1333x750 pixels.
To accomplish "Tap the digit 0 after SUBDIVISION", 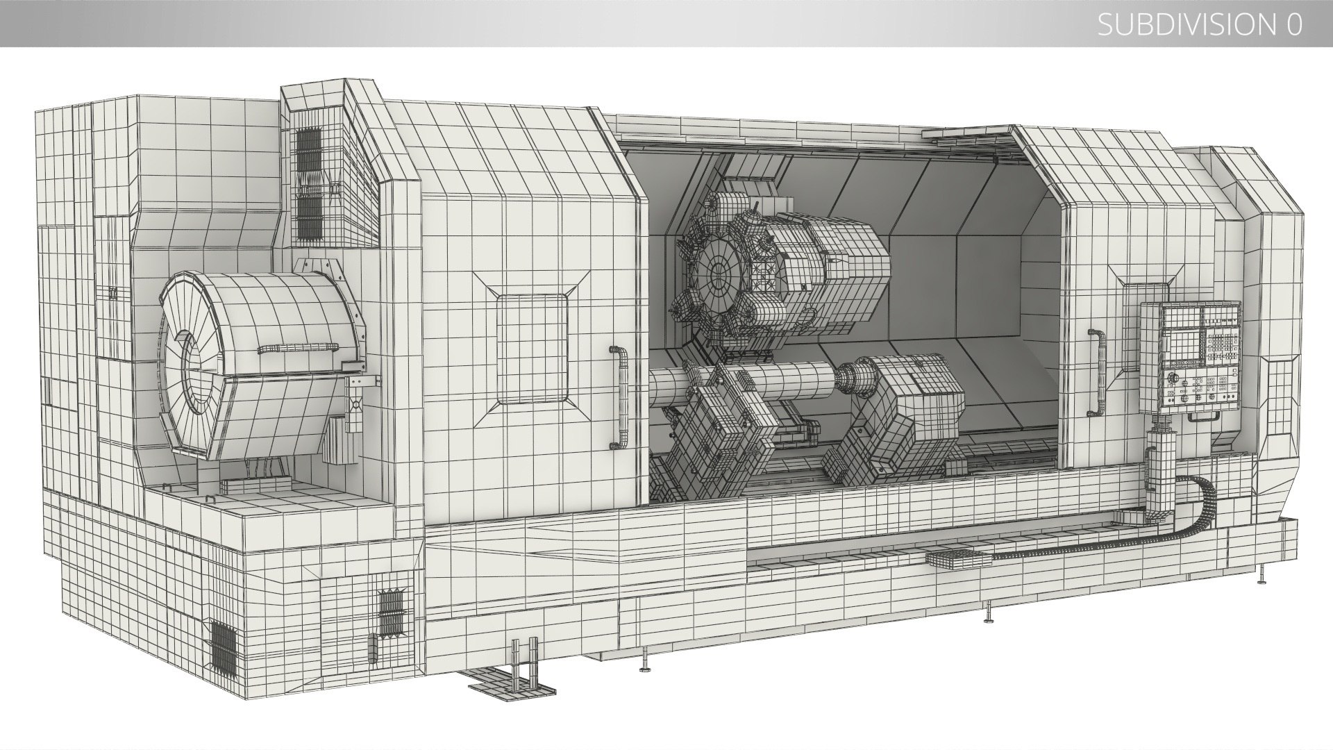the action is [1293, 25].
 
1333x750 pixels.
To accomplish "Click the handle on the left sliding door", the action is [617, 396].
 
